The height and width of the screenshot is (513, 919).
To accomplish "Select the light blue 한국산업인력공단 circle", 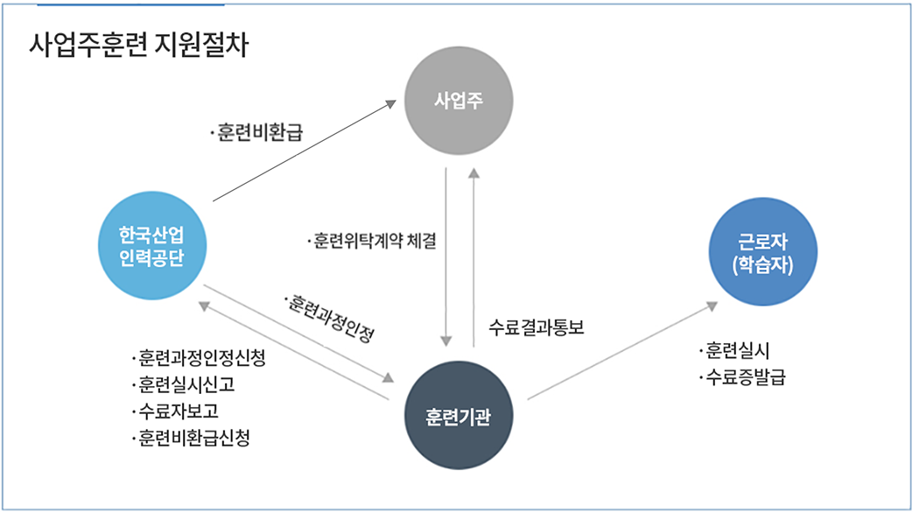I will pyautogui.click(x=152, y=246).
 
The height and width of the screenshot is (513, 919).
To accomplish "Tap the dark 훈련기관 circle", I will pyautogui.click(x=458, y=413).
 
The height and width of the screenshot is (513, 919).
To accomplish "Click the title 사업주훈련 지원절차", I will pyautogui.click(x=139, y=46).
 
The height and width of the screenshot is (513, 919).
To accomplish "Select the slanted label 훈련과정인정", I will pyautogui.click(x=329, y=318).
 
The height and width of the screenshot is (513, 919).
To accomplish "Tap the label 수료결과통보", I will pyautogui.click(x=536, y=328).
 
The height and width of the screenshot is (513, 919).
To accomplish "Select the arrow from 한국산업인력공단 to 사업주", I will pyautogui.click(x=302, y=151).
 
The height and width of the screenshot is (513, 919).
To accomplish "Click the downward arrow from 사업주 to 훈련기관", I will pyautogui.click(x=446, y=254).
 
